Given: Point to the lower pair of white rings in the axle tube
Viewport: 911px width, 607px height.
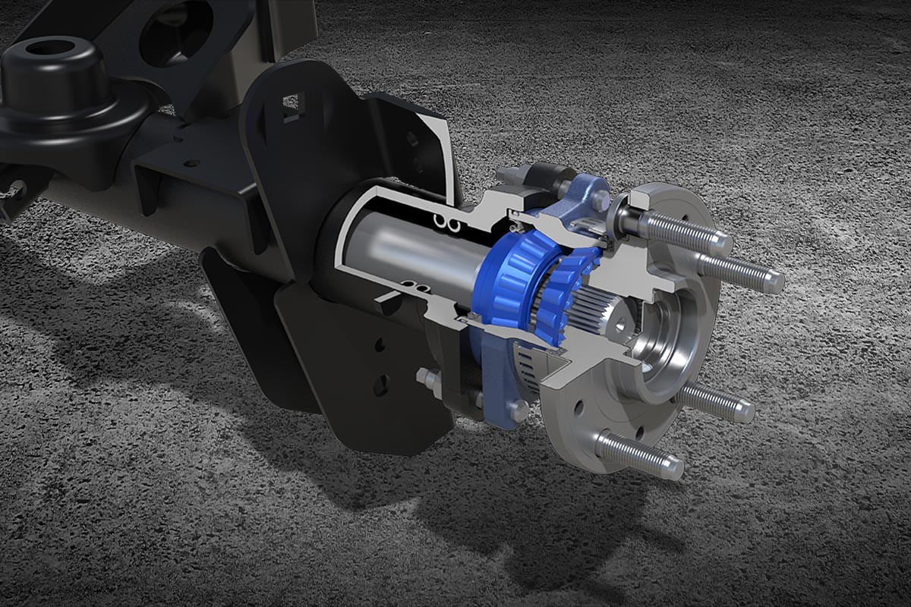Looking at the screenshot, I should [x=414, y=286].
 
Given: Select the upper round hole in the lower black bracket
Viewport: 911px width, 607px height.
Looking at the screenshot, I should [x=380, y=345].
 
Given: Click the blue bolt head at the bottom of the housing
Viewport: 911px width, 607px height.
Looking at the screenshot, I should [x=517, y=410].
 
